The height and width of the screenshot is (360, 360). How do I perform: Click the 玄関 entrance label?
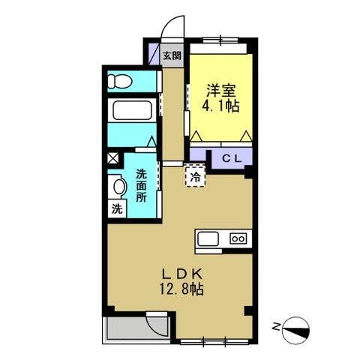[172, 55]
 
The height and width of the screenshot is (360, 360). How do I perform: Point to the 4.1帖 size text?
[221, 106]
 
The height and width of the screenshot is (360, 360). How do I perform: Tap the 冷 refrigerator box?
[195, 178]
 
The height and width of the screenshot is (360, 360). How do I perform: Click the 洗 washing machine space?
[116, 209]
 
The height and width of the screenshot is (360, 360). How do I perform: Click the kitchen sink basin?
[208, 239]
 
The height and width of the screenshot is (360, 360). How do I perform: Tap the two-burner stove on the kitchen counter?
[238, 239]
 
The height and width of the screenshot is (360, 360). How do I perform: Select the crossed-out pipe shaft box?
[112, 158]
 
